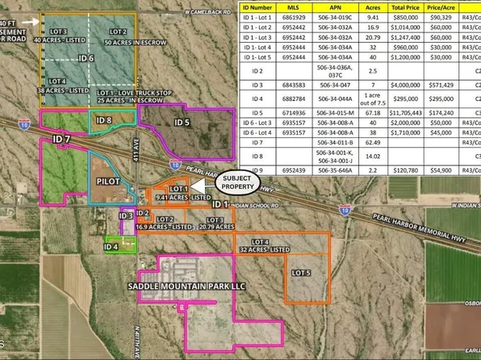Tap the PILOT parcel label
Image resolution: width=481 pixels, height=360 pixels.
tap(107, 182)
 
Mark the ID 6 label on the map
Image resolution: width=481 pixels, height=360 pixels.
tap(86, 58)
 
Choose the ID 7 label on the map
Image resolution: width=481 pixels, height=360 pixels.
tap(62, 140)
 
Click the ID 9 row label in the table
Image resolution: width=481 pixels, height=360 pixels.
tap(257, 171)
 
